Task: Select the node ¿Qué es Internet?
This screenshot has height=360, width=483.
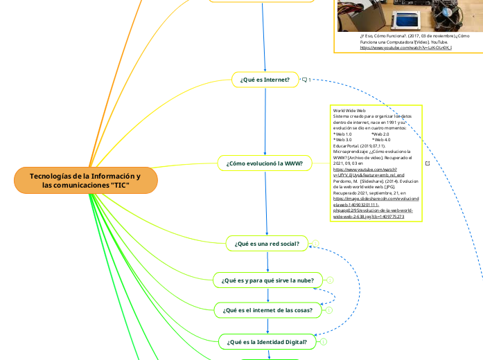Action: pyautogui.click(x=265, y=80)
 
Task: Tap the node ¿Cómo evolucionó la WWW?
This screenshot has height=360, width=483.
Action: pyautogui.click(x=265, y=163)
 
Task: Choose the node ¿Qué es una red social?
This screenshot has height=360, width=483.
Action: pyautogui.click(x=267, y=243)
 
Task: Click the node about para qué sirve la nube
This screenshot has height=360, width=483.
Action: pyautogui.click(x=267, y=280)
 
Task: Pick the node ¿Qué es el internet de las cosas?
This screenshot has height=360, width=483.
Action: pyautogui.click(x=267, y=310)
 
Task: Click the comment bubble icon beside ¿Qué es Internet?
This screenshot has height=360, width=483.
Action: pyautogui.click(x=305, y=80)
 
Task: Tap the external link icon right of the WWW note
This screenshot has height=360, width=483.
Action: pyautogui.click(x=427, y=163)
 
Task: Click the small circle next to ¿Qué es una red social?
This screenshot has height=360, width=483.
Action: pyautogui.click(x=315, y=243)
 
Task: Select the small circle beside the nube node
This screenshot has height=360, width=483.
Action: pyautogui.click(x=330, y=280)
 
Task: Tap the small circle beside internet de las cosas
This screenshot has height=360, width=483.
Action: pyautogui.click(x=329, y=310)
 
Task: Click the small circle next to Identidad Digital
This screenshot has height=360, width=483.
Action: pyautogui.click(x=324, y=342)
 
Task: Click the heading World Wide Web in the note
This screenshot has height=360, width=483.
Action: pyautogui.click(x=349, y=111)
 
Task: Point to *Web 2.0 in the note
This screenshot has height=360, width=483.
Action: pyautogui.click(x=380, y=134)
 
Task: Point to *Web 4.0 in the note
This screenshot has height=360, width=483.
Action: pyautogui.click(x=381, y=140)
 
